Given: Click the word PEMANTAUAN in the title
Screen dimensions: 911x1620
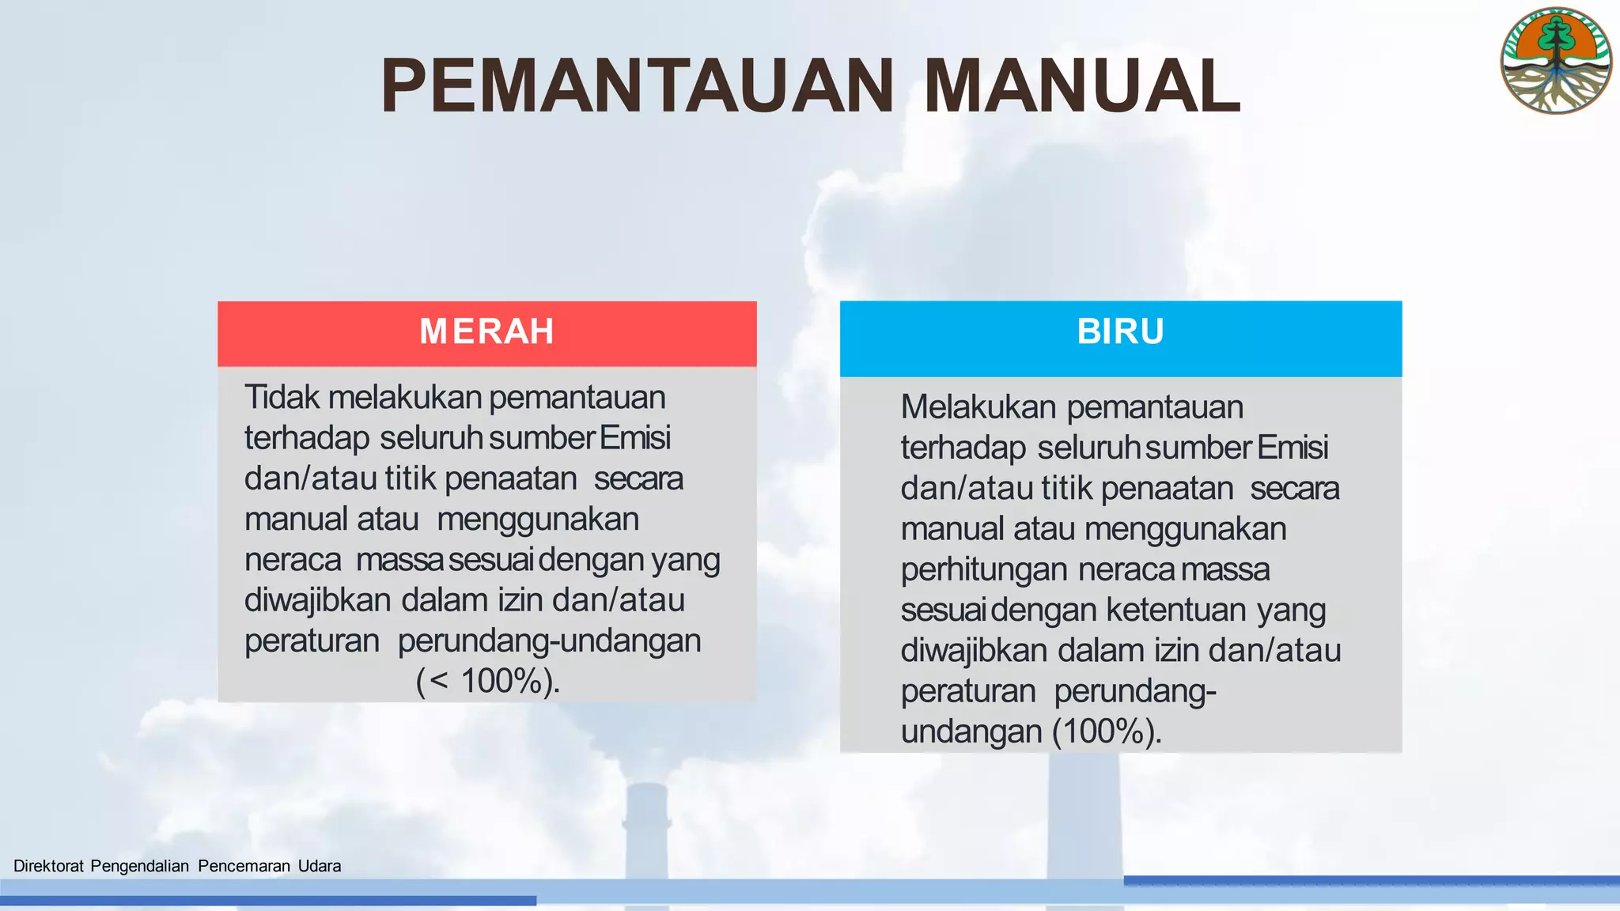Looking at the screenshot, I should [x=637, y=86].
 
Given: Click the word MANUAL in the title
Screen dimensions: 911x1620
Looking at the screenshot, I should [x=1081, y=86].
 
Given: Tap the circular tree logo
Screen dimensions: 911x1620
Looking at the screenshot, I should [x=1556, y=61].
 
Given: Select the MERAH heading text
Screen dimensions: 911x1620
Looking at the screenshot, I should [x=486, y=331].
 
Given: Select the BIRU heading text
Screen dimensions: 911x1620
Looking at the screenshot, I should [x=1120, y=331].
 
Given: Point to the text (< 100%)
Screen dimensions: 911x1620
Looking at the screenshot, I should [x=487, y=681].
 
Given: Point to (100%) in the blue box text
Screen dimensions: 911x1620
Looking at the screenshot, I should [x=1107, y=731].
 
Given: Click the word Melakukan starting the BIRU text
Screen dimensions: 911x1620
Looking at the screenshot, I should [x=978, y=407].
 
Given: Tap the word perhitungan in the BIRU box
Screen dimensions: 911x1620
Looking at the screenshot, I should [x=984, y=570].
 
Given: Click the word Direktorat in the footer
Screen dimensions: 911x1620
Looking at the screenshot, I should [x=48, y=866].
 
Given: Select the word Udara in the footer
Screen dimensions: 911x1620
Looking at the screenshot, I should [x=320, y=866].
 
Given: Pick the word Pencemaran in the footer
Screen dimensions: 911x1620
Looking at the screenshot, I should [x=244, y=866].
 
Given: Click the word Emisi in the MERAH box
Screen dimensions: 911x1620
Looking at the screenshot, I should [x=635, y=437].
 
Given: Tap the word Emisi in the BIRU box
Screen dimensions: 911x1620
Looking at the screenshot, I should [x=1293, y=448].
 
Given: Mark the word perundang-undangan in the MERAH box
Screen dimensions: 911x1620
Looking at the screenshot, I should [x=549, y=641].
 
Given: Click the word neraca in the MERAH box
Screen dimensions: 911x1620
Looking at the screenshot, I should [x=293, y=560].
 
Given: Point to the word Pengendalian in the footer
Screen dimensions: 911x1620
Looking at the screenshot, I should [x=139, y=866].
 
